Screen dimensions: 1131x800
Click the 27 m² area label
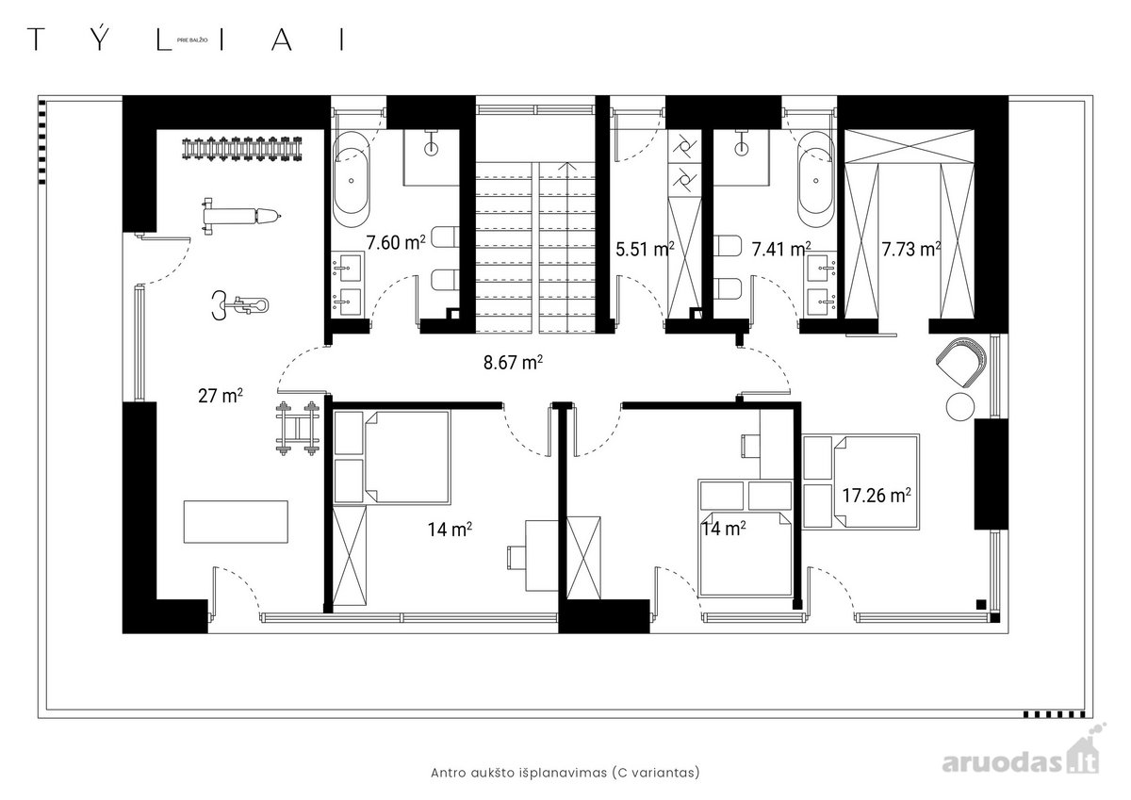click(221, 396)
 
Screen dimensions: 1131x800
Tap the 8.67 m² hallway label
click(513, 363)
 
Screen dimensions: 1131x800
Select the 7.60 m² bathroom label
click(396, 242)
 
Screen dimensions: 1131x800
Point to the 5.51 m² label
click(645, 249)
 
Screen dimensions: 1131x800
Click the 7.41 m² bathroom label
click(781, 249)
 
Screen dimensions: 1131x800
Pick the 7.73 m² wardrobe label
click(911, 249)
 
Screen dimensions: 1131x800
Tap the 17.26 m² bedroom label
click(877, 495)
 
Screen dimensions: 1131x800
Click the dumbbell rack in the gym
click(242, 149)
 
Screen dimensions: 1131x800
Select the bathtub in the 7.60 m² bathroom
click(352, 180)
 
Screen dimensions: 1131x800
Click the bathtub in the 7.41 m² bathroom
click(816, 180)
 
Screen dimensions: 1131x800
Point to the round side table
click(960, 406)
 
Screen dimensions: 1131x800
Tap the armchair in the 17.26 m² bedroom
click(960, 364)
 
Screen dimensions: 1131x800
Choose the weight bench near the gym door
click(240, 217)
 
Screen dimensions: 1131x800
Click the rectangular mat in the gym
click(236, 522)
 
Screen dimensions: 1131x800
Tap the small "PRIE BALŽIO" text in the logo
click(192, 40)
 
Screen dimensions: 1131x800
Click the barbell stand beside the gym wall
click(298, 428)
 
